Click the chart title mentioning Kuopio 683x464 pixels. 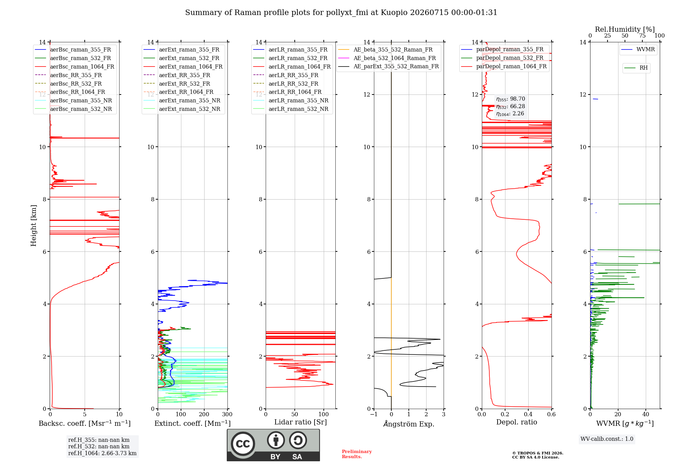tap(341, 13)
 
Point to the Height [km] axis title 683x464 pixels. tap(33, 226)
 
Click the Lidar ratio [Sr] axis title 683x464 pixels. tap(301, 422)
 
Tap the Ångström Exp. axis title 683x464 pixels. tap(409, 424)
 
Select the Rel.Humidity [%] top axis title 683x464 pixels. tap(625, 29)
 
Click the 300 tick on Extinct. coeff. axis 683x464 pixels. tap(227, 414)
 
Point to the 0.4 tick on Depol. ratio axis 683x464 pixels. tap(528, 414)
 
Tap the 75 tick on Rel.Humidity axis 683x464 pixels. tap(642, 36)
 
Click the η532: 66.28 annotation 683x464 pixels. tap(511, 106)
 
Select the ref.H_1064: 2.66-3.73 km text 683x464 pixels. tap(102, 453)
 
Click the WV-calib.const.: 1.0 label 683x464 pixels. tap(607, 439)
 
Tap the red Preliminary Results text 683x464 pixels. tap(357, 454)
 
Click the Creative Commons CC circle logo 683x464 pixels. tap(243, 444)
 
